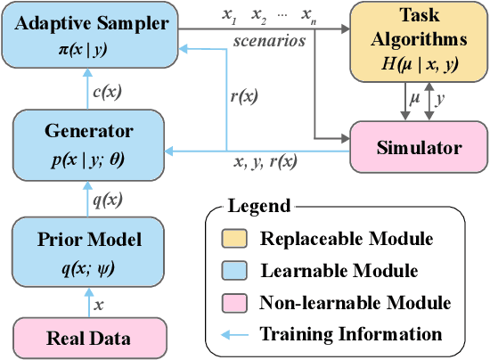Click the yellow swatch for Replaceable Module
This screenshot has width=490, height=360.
tap(234, 239)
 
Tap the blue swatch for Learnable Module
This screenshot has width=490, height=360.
tap(234, 271)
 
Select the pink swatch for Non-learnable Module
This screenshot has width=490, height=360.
tap(234, 303)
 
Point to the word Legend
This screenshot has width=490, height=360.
tap(258, 207)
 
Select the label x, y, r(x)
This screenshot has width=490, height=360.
tap(265, 162)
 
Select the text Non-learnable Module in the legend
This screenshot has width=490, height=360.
tap(355, 303)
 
